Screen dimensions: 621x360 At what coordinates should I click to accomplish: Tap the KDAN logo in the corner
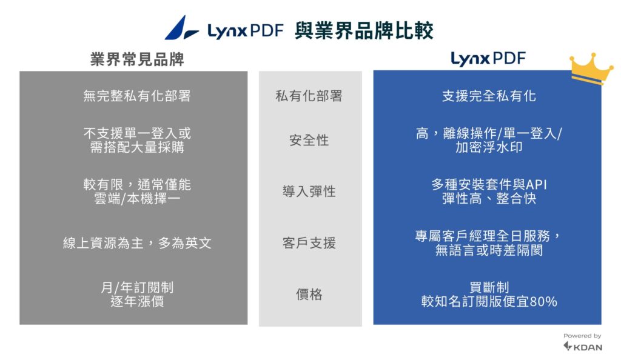tap(583, 347)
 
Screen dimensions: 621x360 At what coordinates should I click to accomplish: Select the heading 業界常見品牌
tap(137, 59)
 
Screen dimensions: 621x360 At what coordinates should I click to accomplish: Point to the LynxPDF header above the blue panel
tap(488, 59)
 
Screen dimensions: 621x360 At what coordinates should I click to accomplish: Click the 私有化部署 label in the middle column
tap(309, 96)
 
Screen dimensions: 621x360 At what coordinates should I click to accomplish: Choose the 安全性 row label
tap(309, 140)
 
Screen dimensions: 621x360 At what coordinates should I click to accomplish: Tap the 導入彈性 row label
tap(309, 192)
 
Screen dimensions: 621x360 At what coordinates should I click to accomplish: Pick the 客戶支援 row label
tap(309, 243)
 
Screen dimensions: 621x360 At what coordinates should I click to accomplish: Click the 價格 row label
tap(309, 295)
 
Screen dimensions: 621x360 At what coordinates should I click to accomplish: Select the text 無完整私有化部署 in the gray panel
tap(137, 96)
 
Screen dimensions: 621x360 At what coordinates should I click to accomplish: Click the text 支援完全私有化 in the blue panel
tap(489, 96)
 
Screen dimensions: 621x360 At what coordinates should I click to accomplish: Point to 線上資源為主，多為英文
tap(137, 243)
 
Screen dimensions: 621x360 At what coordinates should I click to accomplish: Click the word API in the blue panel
tap(536, 185)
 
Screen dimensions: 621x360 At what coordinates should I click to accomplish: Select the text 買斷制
tap(489, 287)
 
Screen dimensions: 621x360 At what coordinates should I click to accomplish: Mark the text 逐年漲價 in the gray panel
tap(137, 301)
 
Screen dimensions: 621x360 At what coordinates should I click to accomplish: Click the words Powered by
tap(582, 336)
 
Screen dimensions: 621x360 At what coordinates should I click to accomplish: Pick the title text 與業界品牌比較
tap(364, 31)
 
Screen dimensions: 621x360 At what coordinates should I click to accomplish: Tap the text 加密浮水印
tap(489, 147)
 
